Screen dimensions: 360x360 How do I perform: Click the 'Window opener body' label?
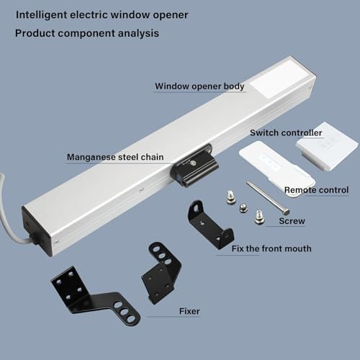[199, 86]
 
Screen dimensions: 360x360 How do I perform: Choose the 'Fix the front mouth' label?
[271, 248]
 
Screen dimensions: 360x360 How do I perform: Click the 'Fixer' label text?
[189, 312]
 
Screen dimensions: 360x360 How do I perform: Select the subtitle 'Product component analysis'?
[86, 33]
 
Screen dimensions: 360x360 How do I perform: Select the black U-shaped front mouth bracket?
[210, 224]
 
